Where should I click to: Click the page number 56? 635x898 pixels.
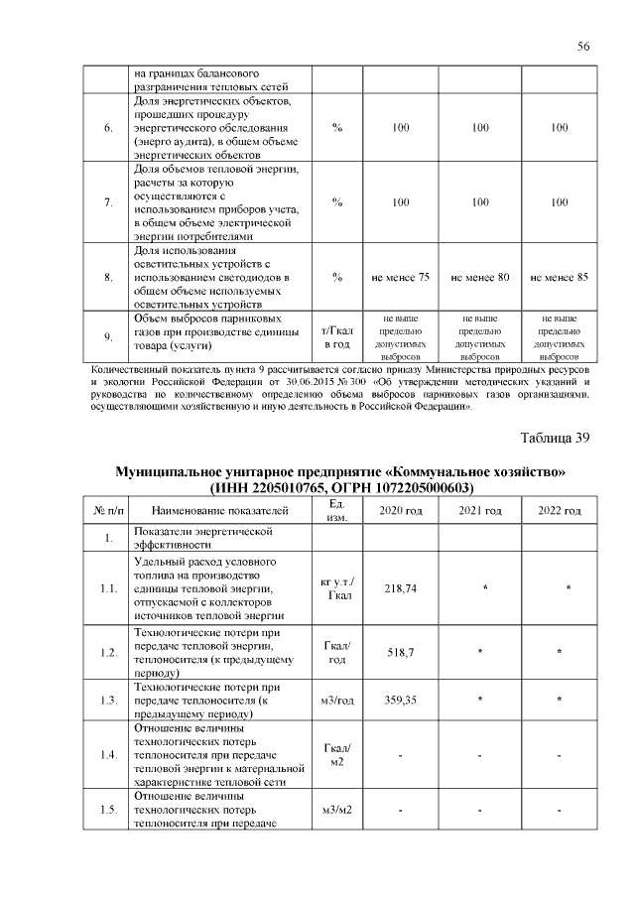point(583,47)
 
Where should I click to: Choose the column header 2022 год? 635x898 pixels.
point(560,510)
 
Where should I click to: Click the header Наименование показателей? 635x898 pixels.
point(220,510)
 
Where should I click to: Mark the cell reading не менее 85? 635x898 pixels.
point(560,277)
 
